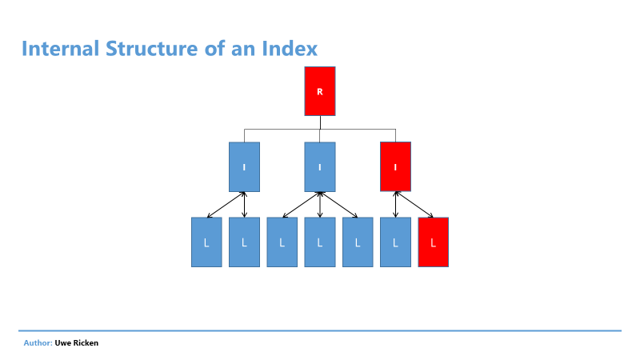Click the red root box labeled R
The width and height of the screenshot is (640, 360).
click(x=320, y=91)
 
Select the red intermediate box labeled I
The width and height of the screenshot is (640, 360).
click(x=395, y=166)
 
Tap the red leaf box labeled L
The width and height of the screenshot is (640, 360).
click(x=434, y=242)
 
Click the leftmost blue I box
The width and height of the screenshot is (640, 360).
click(x=244, y=167)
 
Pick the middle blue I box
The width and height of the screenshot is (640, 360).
click(x=320, y=167)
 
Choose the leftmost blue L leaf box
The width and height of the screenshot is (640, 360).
click(x=206, y=242)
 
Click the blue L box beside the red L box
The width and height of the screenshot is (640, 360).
click(x=395, y=242)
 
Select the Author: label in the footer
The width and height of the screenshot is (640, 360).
click(x=38, y=343)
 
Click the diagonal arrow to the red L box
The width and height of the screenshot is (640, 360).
click(x=414, y=205)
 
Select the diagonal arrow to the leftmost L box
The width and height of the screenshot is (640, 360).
click(x=226, y=205)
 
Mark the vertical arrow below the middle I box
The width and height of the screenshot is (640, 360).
click(x=320, y=205)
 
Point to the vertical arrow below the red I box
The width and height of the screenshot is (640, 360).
click(x=395, y=205)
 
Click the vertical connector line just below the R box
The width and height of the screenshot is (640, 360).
click(x=321, y=122)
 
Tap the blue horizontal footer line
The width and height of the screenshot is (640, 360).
click(x=320, y=330)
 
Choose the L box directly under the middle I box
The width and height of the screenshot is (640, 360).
click(x=320, y=242)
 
